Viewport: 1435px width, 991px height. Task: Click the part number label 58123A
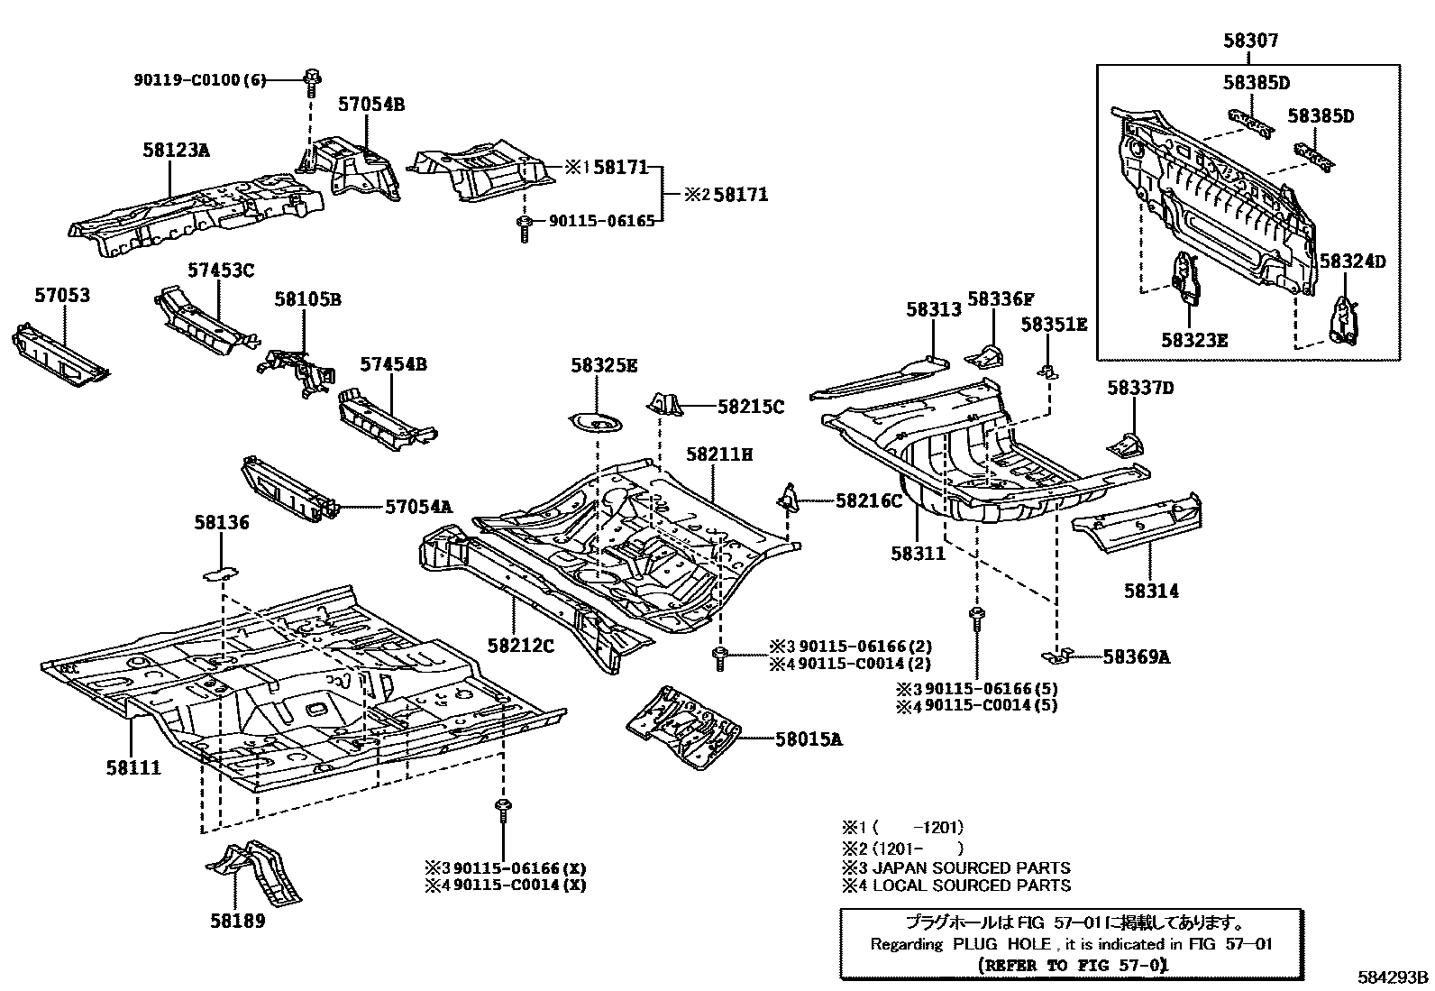click(x=176, y=150)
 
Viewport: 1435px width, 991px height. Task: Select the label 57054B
click(x=371, y=105)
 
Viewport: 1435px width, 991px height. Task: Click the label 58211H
click(x=718, y=454)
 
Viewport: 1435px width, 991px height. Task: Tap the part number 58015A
click(x=809, y=739)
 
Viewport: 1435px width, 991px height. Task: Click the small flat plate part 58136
click(x=219, y=571)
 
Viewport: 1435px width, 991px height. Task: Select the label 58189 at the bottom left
click(x=238, y=921)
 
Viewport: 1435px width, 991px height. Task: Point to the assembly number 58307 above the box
click(x=1250, y=41)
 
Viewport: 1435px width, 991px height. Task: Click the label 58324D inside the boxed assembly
click(x=1352, y=262)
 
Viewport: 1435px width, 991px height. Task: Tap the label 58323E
click(x=1193, y=340)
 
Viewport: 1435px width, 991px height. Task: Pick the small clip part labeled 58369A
click(x=1060, y=654)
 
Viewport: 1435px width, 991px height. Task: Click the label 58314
click(x=1151, y=591)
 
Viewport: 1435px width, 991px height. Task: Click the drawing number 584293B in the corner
click(x=1394, y=977)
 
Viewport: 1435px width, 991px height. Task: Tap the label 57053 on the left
click(x=62, y=295)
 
